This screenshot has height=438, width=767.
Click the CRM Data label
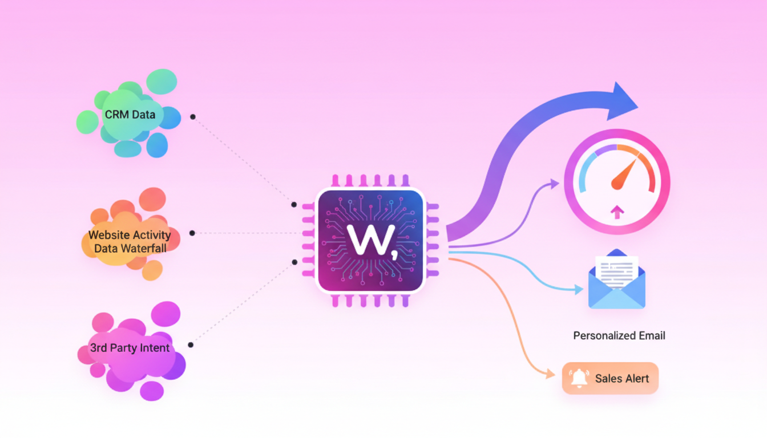point(130,115)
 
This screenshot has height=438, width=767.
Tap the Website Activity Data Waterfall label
point(130,241)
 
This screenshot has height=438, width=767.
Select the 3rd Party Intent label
point(130,348)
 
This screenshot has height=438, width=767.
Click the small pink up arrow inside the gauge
point(617,213)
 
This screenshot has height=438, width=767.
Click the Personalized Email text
point(619,335)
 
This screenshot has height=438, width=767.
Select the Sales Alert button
point(610,378)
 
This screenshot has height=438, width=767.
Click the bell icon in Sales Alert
point(579,378)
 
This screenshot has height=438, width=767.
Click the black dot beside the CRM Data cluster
point(193,117)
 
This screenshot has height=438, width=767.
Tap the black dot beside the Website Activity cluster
point(192,233)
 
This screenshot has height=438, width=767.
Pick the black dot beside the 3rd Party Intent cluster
point(191,344)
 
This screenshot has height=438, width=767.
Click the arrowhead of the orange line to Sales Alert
point(550,375)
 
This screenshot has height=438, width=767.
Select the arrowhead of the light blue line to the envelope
point(579,290)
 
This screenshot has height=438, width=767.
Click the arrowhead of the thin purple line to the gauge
point(554,182)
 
